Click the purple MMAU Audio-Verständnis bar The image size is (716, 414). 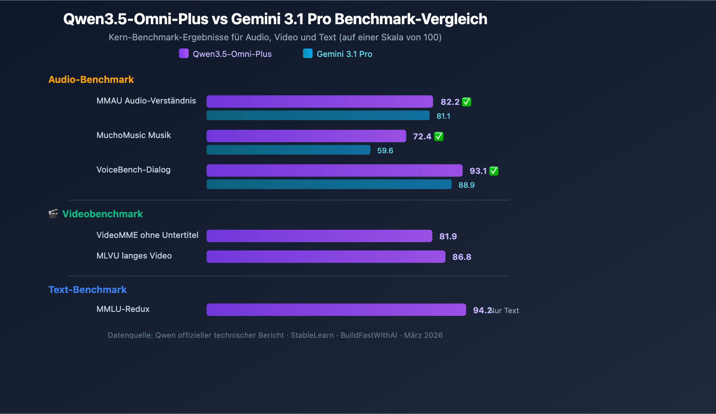pyautogui.click(x=320, y=102)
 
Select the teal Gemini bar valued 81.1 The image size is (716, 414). pyautogui.click(x=318, y=116)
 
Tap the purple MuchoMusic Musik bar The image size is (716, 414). pyautogui.click(x=306, y=136)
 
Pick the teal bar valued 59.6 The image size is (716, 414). pyautogui.click(x=288, y=150)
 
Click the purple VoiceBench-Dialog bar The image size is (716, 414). pyautogui.click(x=334, y=171)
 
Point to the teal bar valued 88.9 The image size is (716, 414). pyautogui.click(x=329, y=185)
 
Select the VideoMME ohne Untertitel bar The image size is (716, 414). pyautogui.click(x=319, y=236)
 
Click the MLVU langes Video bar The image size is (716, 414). pyautogui.click(x=326, y=257)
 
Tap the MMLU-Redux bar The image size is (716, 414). pyautogui.click(x=336, y=310)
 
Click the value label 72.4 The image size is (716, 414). pyautogui.click(x=422, y=137)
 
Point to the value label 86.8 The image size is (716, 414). pyautogui.click(x=462, y=257)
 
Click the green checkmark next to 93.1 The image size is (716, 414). pyautogui.click(x=494, y=171)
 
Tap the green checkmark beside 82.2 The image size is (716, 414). pyautogui.click(x=466, y=102)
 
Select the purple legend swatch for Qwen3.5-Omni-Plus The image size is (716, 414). pyautogui.click(x=184, y=54)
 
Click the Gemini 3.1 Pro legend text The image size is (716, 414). pyautogui.click(x=345, y=54)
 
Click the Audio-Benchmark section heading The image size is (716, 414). pyautogui.click(x=91, y=80)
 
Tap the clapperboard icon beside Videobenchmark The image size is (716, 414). pyautogui.click(x=53, y=214)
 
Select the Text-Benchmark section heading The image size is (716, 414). pyautogui.click(x=88, y=290)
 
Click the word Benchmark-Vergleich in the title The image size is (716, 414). pyautogui.click(x=411, y=19)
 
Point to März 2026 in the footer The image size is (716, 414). pyautogui.click(x=423, y=336)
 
